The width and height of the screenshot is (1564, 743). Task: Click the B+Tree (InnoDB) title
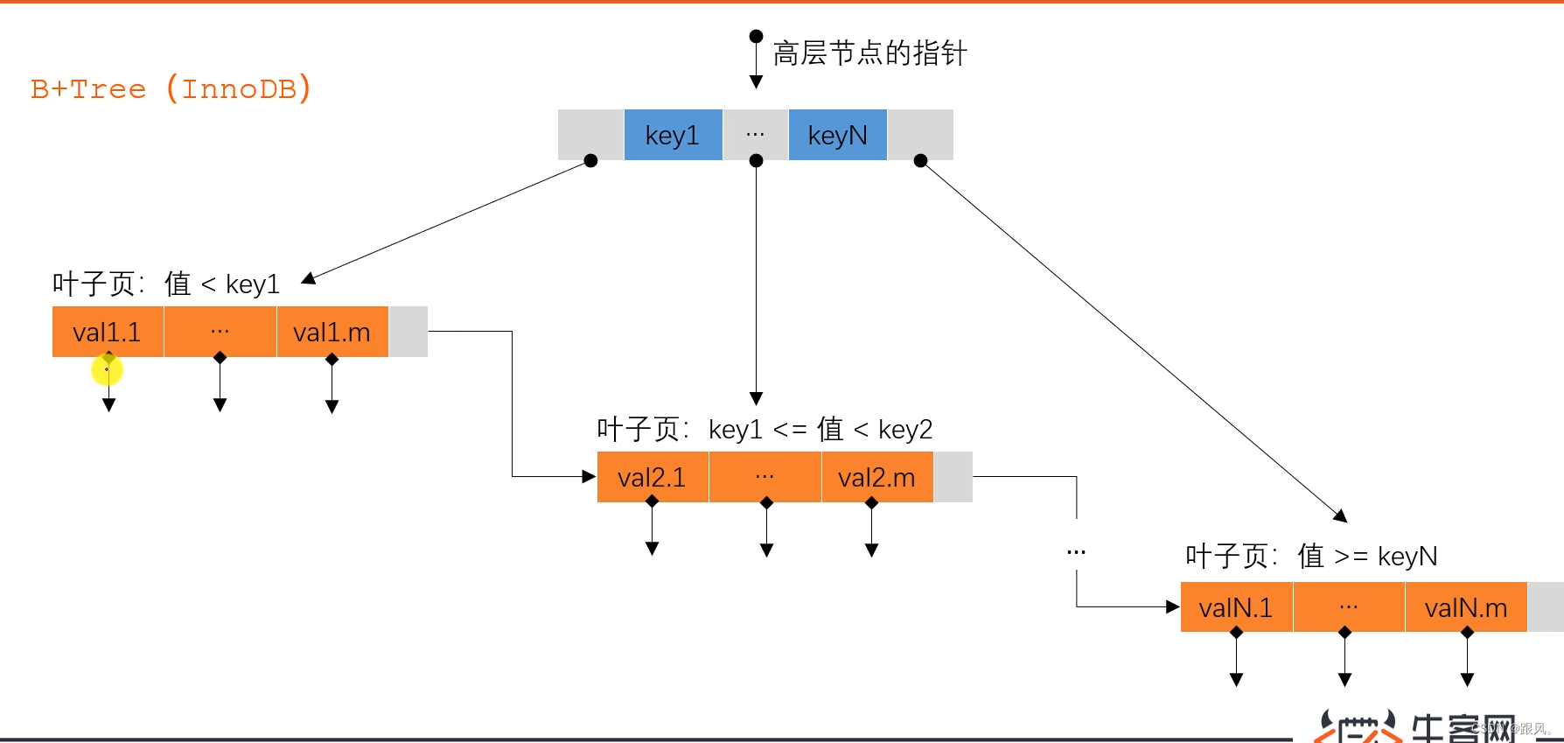coord(171,88)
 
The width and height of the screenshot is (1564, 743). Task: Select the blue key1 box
coord(673,135)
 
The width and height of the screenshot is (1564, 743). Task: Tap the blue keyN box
coord(837,135)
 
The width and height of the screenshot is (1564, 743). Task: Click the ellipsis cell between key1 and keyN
coord(756,135)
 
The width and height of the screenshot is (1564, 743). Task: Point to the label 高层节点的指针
coord(869,53)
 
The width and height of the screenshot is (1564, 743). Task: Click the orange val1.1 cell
coord(108,332)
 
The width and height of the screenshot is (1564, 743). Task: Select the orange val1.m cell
coord(332,332)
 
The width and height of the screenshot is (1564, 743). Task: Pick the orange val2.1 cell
coord(653,477)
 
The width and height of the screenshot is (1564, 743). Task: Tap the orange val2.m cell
coord(876,477)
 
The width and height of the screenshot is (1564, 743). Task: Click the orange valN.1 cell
coord(1236,607)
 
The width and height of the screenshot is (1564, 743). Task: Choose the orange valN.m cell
coord(1466,607)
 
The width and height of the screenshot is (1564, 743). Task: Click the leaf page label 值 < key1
coord(166,284)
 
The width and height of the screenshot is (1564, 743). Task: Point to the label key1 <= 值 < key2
coord(765,429)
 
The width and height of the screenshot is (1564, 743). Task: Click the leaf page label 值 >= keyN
coord(1311,556)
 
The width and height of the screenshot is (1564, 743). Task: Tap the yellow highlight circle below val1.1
coord(107,370)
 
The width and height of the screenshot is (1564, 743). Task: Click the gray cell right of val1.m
coord(408,332)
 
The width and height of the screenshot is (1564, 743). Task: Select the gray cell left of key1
coord(590,134)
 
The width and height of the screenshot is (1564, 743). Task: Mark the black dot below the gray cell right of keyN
coord(920,161)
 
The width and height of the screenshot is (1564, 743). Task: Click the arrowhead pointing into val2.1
coord(589,477)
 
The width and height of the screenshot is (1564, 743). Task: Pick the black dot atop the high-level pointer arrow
coord(756,37)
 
